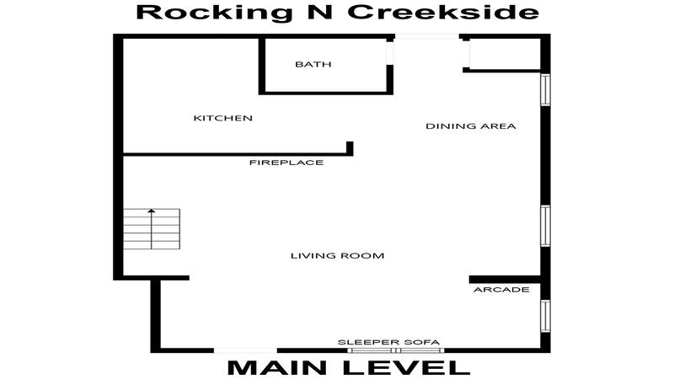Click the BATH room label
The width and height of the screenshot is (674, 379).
[313, 65]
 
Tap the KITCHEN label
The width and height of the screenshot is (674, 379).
[222, 118]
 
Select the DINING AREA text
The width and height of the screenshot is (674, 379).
[471, 126]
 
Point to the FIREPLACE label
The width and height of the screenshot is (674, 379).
[286, 163]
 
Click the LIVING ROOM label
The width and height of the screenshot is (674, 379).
[338, 256]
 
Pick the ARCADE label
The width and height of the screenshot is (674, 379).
[501, 290]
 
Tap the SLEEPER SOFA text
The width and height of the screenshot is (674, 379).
[388, 343]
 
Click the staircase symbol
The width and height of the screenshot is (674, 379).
[152, 229]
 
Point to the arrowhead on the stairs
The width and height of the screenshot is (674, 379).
[152, 211]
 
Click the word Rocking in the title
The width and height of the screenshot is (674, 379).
[214, 13]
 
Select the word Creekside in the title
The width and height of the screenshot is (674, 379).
[443, 12]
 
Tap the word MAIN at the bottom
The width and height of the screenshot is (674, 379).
[278, 368]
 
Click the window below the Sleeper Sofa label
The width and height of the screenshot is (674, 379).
[395, 350]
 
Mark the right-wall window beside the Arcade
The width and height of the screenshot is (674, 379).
[545, 316]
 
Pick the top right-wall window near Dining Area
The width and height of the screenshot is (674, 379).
[545, 89]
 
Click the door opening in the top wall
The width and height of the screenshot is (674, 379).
[427, 36]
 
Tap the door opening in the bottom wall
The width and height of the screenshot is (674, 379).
[245, 350]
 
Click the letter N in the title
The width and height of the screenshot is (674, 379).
[320, 12]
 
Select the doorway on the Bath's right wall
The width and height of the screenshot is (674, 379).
[390, 53]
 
